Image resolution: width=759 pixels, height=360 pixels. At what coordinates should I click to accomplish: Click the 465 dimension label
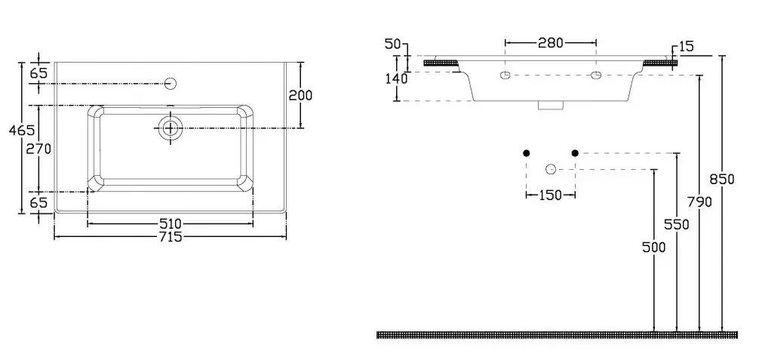(x=22, y=130)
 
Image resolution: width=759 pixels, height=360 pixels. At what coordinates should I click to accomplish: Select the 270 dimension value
(x=38, y=149)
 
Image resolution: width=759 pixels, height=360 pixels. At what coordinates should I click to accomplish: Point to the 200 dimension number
(x=300, y=95)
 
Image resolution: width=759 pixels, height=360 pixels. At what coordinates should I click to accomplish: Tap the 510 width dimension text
(x=171, y=224)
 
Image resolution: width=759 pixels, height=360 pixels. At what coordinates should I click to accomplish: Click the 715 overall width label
(x=171, y=237)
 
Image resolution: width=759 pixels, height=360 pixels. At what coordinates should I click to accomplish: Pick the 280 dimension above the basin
(x=550, y=42)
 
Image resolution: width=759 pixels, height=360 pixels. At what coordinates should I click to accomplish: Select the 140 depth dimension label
(x=396, y=78)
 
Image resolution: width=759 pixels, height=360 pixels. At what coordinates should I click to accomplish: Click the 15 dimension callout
(x=687, y=47)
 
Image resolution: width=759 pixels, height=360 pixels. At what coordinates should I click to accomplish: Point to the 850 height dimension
(x=722, y=180)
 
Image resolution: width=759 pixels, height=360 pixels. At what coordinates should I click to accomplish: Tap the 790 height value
(x=699, y=202)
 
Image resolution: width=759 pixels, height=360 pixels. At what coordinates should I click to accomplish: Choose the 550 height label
(x=676, y=224)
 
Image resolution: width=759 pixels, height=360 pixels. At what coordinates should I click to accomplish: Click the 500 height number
(x=653, y=247)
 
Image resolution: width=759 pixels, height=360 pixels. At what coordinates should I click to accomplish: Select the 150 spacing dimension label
(x=550, y=195)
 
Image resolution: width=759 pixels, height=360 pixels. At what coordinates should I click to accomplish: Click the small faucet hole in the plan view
(x=170, y=83)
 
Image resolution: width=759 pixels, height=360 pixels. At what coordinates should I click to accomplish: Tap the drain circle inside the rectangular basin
(x=170, y=128)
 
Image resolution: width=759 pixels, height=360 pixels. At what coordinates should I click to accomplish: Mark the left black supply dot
(x=527, y=153)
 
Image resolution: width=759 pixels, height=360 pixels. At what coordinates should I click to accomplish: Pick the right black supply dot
(x=575, y=153)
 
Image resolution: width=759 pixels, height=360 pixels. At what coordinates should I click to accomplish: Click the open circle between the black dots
(x=550, y=169)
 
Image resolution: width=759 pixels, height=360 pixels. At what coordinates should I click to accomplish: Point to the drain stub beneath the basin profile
(x=552, y=106)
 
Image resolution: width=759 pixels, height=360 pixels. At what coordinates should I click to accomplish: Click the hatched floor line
(x=557, y=335)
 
